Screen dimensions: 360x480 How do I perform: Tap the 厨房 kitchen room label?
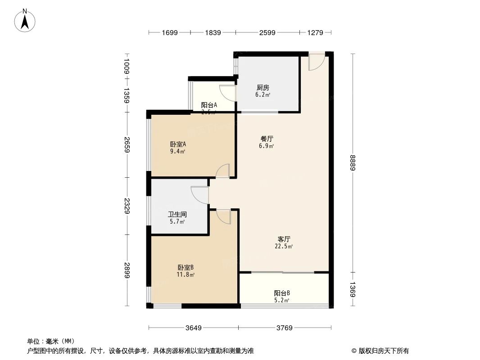(x=263, y=88)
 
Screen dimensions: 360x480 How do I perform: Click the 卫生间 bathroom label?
(x=177, y=215)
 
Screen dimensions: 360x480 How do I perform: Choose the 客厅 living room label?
(x=284, y=239)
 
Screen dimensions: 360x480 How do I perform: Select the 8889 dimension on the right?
(x=353, y=162)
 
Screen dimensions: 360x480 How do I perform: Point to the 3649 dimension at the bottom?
(x=194, y=328)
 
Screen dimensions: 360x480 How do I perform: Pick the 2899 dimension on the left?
(x=127, y=270)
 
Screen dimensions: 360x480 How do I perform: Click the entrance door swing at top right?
(x=315, y=63)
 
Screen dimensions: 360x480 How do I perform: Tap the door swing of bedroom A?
(x=223, y=171)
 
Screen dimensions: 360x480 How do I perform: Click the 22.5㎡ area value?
(x=284, y=246)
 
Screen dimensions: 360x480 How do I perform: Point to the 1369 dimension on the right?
(x=353, y=290)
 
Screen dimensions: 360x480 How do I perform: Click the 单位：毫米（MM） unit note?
(x=50, y=341)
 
